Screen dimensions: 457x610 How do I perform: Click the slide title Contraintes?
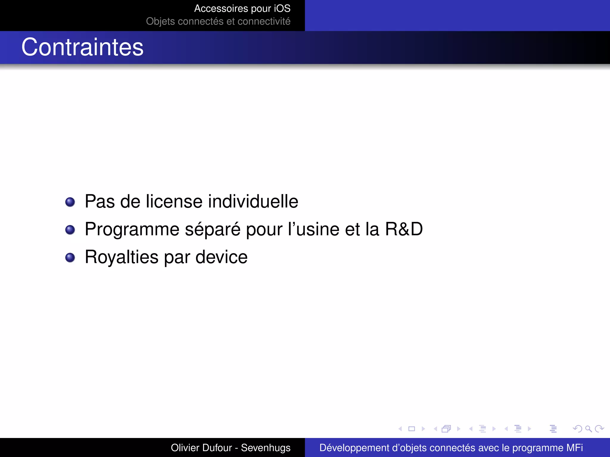(x=83, y=47)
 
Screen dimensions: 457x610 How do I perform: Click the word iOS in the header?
(x=282, y=9)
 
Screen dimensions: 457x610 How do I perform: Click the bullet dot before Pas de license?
(x=70, y=202)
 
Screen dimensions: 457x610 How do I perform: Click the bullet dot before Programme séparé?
(x=70, y=230)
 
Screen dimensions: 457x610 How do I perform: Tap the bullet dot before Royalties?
(x=70, y=257)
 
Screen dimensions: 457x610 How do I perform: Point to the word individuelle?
(x=253, y=201)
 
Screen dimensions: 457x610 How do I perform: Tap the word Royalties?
(x=122, y=257)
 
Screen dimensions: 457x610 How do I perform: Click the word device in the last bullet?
(x=221, y=257)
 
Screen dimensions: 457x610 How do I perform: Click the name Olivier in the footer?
(x=186, y=448)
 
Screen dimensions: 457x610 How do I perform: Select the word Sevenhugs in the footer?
(x=266, y=448)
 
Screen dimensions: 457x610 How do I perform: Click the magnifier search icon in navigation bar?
(x=588, y=429)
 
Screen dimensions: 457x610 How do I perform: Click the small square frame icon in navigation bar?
(x=412, y=429)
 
